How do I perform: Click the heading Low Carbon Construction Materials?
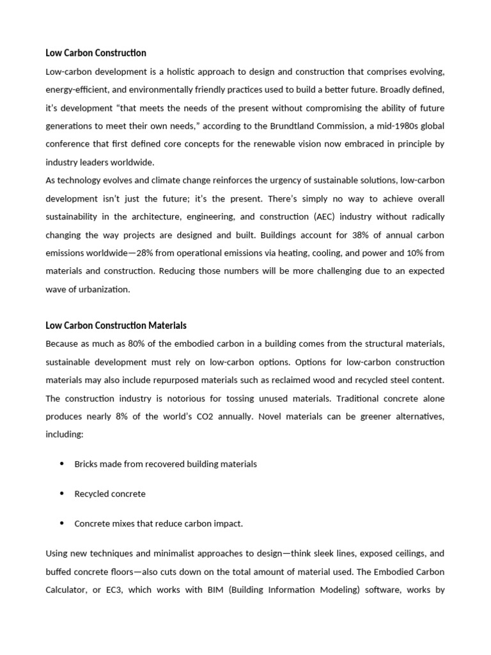pyautogui.click(x=116, y=326)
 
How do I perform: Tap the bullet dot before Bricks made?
pyautogui.click(x=61, y=464)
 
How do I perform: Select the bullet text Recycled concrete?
pyautogui.click(x=110, y=494)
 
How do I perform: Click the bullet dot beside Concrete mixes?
pyautogui.click(x=61, y=523)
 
